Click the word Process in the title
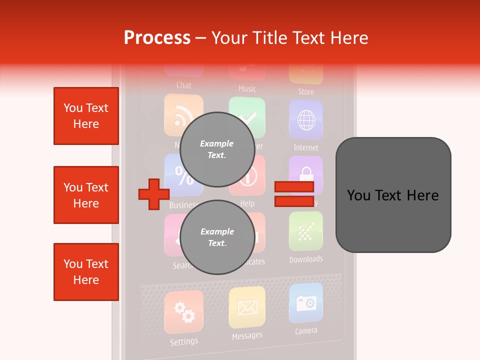pyautogui.click(x=157, y=37)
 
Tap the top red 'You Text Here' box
pyautogui.click(x=86, y=116)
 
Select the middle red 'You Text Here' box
pyautogui.click(x=86, y=195)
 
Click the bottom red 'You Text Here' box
pyautogui.click(x=86, y=272)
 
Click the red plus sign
pyautogui.click(x=154, y=193)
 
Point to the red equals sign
pyautogui.click(x=294, y=194)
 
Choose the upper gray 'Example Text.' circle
pyautogui.click(x=217, y=149)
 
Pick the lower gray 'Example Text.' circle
pyautogui.click(x=217, y=237)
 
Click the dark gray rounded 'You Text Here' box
pyautogui.click(x=393, y=195)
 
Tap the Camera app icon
pyautogui.click(x=306, y=303)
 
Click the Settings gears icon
pyautogui.click(x=183, y=312)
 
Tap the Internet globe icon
pyautogui.click(x=306, y=120)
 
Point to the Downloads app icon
pyautogui.click(x=306, y=231)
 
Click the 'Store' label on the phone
pyautogui.click(x=306, y=91)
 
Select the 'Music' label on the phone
pyautogui.click(x=247, y=89)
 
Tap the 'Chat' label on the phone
pyautogui.click(x=184, y=85)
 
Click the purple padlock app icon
pyautogui.click(x=306, y=175)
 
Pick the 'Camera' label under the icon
pyautogui.click(x=306, y=331)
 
